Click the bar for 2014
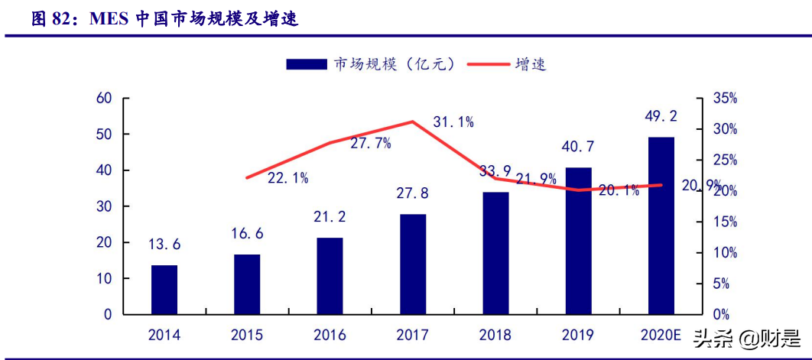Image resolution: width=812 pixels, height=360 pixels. pos(164,290)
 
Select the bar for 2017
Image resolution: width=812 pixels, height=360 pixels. pos(413,264)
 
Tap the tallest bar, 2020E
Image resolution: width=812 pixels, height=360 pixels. pos(661,225)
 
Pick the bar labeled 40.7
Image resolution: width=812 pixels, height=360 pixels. pos(579,241)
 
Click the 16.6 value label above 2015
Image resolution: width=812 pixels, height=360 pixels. pos(247,233)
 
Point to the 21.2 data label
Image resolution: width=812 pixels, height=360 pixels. pos(330,216)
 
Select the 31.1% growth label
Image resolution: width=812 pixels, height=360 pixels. pos(453,122)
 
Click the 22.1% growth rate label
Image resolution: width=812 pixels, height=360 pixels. pos(288,178)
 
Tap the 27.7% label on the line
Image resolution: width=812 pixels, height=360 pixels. pos(371,142)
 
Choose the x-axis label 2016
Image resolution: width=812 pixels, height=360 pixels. pos(330,335)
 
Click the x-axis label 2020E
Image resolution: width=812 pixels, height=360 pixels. pos(661,335)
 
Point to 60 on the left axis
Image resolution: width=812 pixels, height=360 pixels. pos(104,98)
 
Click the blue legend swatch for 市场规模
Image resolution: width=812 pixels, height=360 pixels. pos(307,64)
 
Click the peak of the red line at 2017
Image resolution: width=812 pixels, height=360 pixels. pos(413,122)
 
